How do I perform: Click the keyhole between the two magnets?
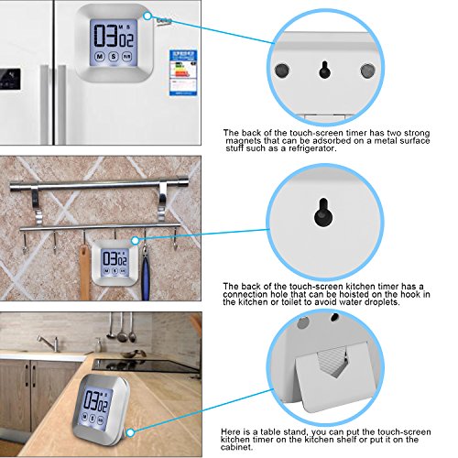[323, 68]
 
